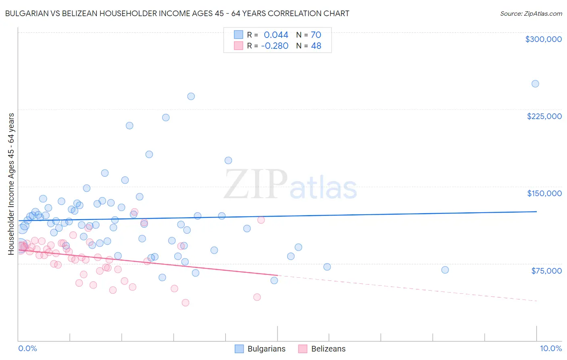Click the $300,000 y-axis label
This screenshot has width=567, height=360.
[x=543, y=39]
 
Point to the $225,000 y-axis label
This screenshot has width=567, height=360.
[x=544, y=116]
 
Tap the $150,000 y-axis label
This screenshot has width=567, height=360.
[x=544, y=193]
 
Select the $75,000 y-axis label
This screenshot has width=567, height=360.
[x=546, y=271]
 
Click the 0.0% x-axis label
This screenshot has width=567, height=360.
[x=27, y=348]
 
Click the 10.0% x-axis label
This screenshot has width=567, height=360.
[x=550, y=348]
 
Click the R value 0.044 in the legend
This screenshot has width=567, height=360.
[x=276, y=35]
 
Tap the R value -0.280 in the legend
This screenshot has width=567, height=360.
[x=275, y=46]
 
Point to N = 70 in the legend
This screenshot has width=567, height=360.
[x=309, y=35]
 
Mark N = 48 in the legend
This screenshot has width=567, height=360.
[x=309, y=46]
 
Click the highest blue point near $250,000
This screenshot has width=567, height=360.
[x=535, y=84]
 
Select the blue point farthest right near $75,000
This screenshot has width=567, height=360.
[x=445, y=270]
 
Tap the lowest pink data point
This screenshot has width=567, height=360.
[x=186, y=303]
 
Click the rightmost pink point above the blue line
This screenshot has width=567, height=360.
[x=261, y=220]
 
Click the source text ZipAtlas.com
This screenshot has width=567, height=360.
[x=531, y=14]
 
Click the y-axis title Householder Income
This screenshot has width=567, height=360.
[x=11, y=184]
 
